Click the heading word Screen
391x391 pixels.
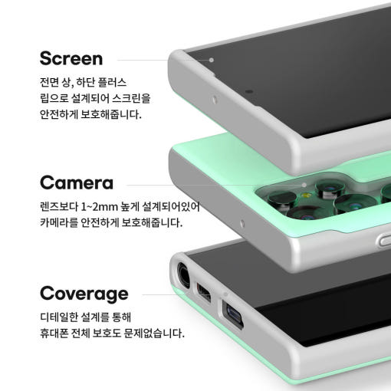[71, 58]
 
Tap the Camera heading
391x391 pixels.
[77, 182]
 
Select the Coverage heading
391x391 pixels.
[84, 294]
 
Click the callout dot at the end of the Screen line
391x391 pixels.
[212, 60]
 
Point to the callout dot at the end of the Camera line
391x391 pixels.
[304, 185]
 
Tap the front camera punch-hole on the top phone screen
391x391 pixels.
[249, 91]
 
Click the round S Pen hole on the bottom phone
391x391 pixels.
[183, 275]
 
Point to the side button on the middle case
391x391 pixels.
[384, 240]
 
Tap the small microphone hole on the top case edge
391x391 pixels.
[215, 100]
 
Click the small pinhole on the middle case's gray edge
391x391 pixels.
[242, 224]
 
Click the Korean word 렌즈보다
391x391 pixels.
[59, 206]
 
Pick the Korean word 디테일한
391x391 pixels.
[59, 317]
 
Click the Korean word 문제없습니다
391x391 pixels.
[154, 333]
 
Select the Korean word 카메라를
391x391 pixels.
[59, 222]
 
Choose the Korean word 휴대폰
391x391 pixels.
[54, 333]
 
